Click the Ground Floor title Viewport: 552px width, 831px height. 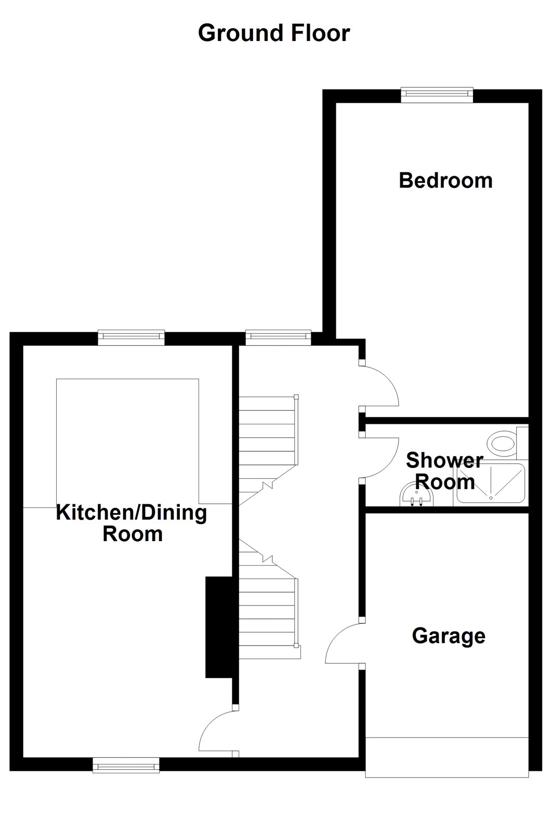coord(274,33)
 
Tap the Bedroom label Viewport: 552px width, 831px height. coord(445,180)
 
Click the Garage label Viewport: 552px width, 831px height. coord(449,636)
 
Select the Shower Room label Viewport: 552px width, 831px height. coord(444,471)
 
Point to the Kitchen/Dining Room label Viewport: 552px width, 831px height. coord(132,522)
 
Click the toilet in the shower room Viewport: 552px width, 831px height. coord(502,443)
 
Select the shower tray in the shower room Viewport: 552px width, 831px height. coord(491,483)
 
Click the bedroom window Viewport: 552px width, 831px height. coord(437,93)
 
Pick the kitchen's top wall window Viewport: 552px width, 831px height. coord(132,337)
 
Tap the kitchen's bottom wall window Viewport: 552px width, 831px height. coord(126,765)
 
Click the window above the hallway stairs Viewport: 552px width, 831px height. coord(278,337)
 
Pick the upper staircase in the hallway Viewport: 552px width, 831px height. coord(268,444)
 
